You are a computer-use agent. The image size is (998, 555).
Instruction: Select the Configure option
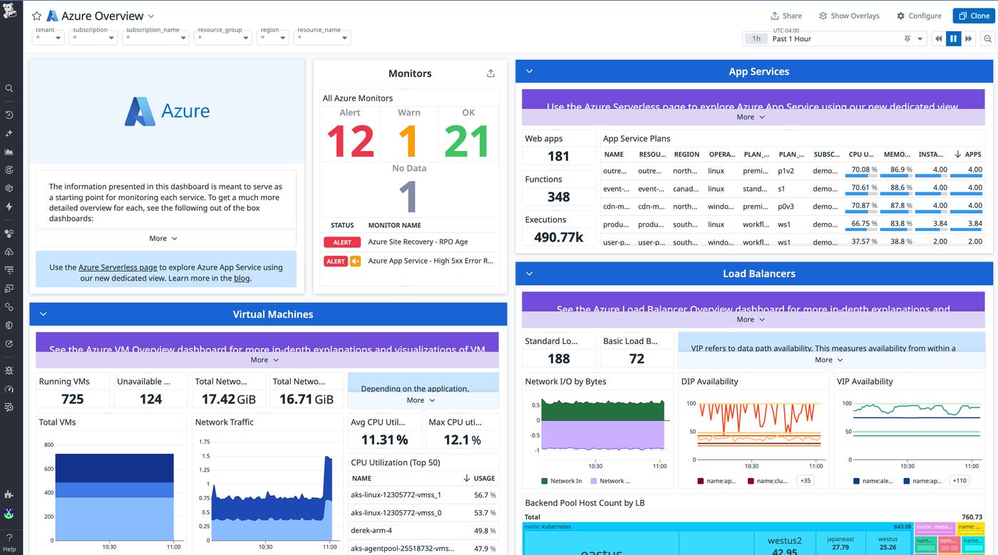tap(919, 16)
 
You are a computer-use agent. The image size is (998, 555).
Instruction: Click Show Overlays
tap(849, 16)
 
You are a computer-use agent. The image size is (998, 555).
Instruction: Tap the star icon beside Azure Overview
tap(36, 16)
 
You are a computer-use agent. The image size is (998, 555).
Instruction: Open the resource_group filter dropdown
tap(222, 38)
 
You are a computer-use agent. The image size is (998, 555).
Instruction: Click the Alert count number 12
tap(350, 142)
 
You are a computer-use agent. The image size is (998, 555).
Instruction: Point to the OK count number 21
tap(466, 142)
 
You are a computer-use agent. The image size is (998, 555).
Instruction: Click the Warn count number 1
tap(408, 142)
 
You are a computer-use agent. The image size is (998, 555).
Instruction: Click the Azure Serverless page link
tap(118, 267)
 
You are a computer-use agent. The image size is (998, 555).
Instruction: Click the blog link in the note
tap(242, 279)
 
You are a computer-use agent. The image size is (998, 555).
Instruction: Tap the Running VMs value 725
tap(73, 399)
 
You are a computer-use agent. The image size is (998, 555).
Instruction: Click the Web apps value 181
tap(558, 157)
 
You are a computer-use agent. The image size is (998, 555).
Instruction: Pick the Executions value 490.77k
tap(558, 237)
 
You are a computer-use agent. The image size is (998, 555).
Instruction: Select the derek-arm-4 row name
tap(372, 531)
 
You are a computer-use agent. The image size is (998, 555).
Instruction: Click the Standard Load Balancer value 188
tap(558, 359)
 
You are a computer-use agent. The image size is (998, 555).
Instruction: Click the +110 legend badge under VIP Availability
tap(959, 481)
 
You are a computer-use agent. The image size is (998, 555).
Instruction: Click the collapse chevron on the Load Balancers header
tap(529, 274)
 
